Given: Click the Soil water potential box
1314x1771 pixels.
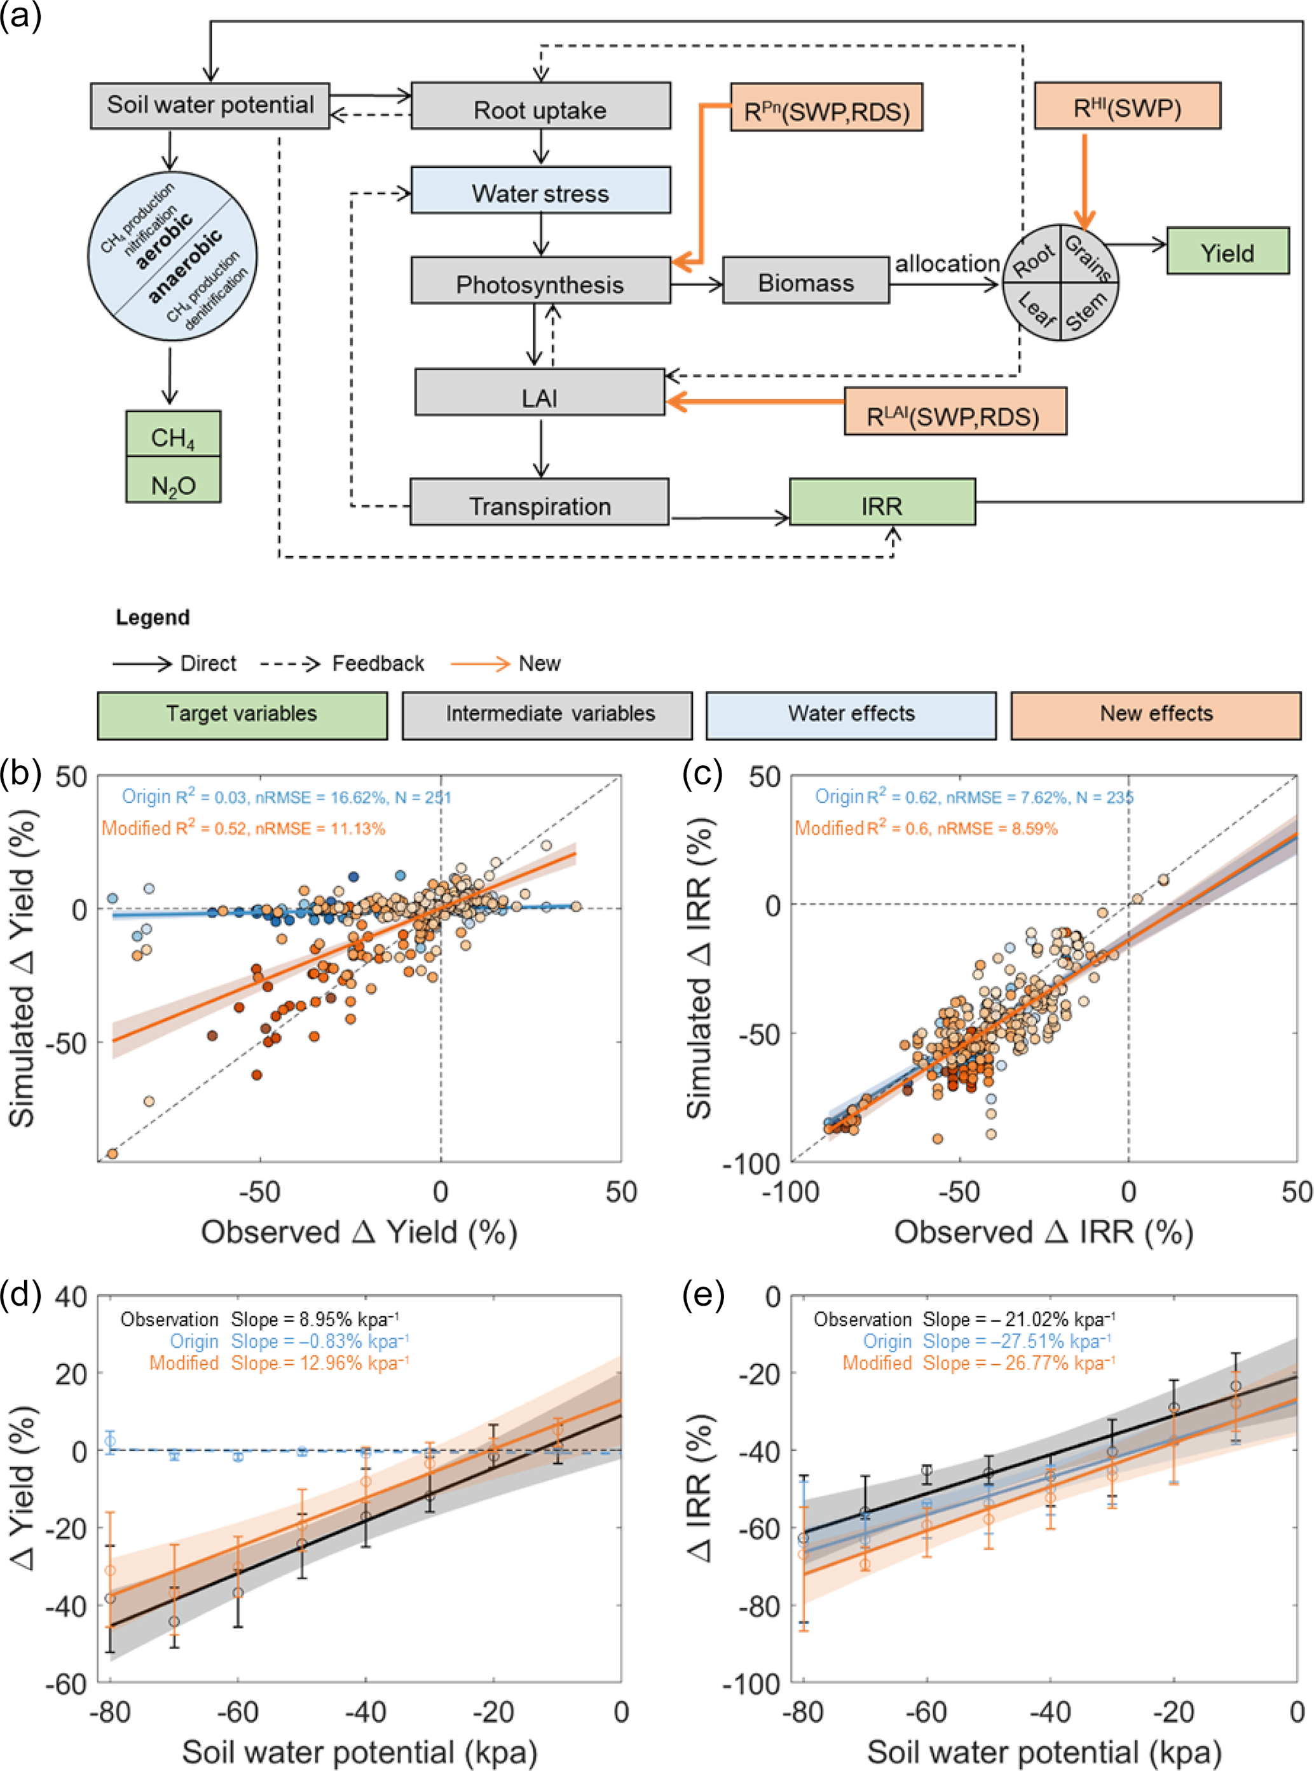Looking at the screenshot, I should (210, 105).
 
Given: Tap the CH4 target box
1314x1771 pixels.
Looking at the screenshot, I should (173, 434).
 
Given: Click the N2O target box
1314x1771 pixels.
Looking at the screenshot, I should (173, 481).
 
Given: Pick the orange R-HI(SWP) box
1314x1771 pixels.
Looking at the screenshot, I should (1127, 106).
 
